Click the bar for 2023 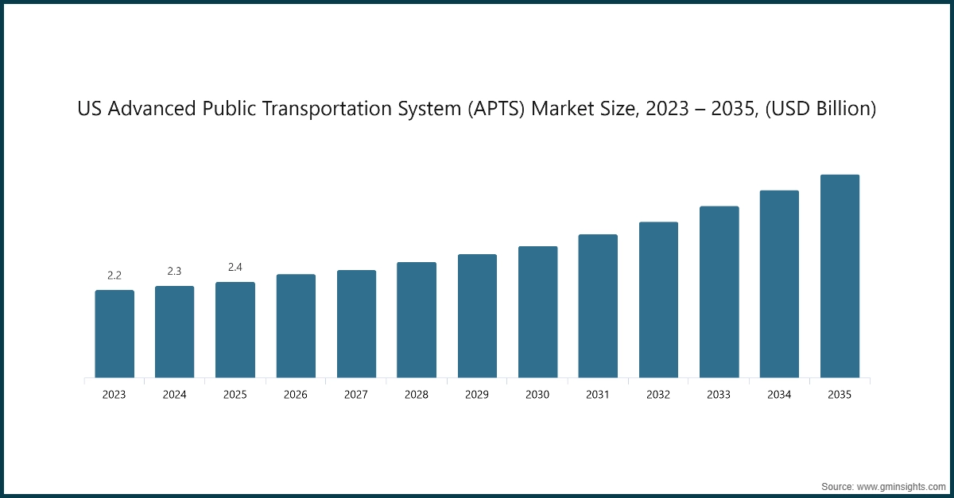(x=114, y=334)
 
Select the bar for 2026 (x=296, y=326)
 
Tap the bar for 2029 (x=477, y=316)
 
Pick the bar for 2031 (x=598, y=306)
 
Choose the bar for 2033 (x=719, y=292)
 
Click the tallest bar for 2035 (x=840, y=276)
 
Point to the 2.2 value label (x=114, y=276)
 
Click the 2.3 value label (x=175, y=272)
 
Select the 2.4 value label (x=235, y=268)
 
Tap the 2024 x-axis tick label (x=175, y=395)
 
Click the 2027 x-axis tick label (x=356, y=395)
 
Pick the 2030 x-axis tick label (x=537, y=395)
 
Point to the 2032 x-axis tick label (x=658, y=395)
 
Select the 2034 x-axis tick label (x=779, y=395)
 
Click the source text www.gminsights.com (x=899, y=485)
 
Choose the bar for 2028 (x=417, y=320)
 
